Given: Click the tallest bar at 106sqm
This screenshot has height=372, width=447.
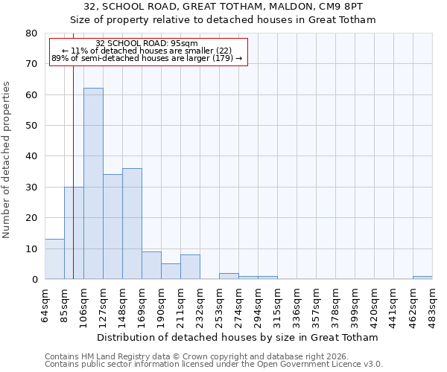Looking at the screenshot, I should tap(93, 184).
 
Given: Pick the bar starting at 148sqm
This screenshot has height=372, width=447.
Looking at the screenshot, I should tap(132, 224).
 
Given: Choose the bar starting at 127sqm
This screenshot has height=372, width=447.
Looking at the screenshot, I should tap(112, 227).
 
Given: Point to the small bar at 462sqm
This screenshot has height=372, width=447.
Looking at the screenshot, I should tap(422, 278).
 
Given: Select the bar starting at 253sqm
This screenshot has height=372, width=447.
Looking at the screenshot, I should tap(229, 276).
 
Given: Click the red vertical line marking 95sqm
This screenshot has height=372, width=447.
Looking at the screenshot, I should tap(73, 149).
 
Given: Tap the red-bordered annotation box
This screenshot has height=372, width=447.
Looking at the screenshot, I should tap(148, 51).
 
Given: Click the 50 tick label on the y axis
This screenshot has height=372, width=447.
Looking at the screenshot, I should tap(31, 126).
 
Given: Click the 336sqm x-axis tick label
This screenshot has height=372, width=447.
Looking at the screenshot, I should tap(297, 304).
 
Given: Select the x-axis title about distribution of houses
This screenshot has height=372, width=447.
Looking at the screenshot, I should tap(238, 337).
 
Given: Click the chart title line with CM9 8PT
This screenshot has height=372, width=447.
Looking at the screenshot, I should tap(223, 7).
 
